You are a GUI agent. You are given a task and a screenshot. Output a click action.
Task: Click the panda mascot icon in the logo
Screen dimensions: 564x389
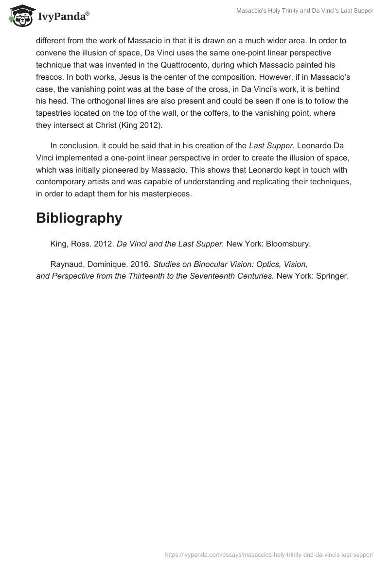click(x=20, y=15)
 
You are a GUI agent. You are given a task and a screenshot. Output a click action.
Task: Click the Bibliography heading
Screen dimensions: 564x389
click(x=79, y=218)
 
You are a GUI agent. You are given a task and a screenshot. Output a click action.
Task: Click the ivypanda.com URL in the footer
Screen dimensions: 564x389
click(x=269, y=554)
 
